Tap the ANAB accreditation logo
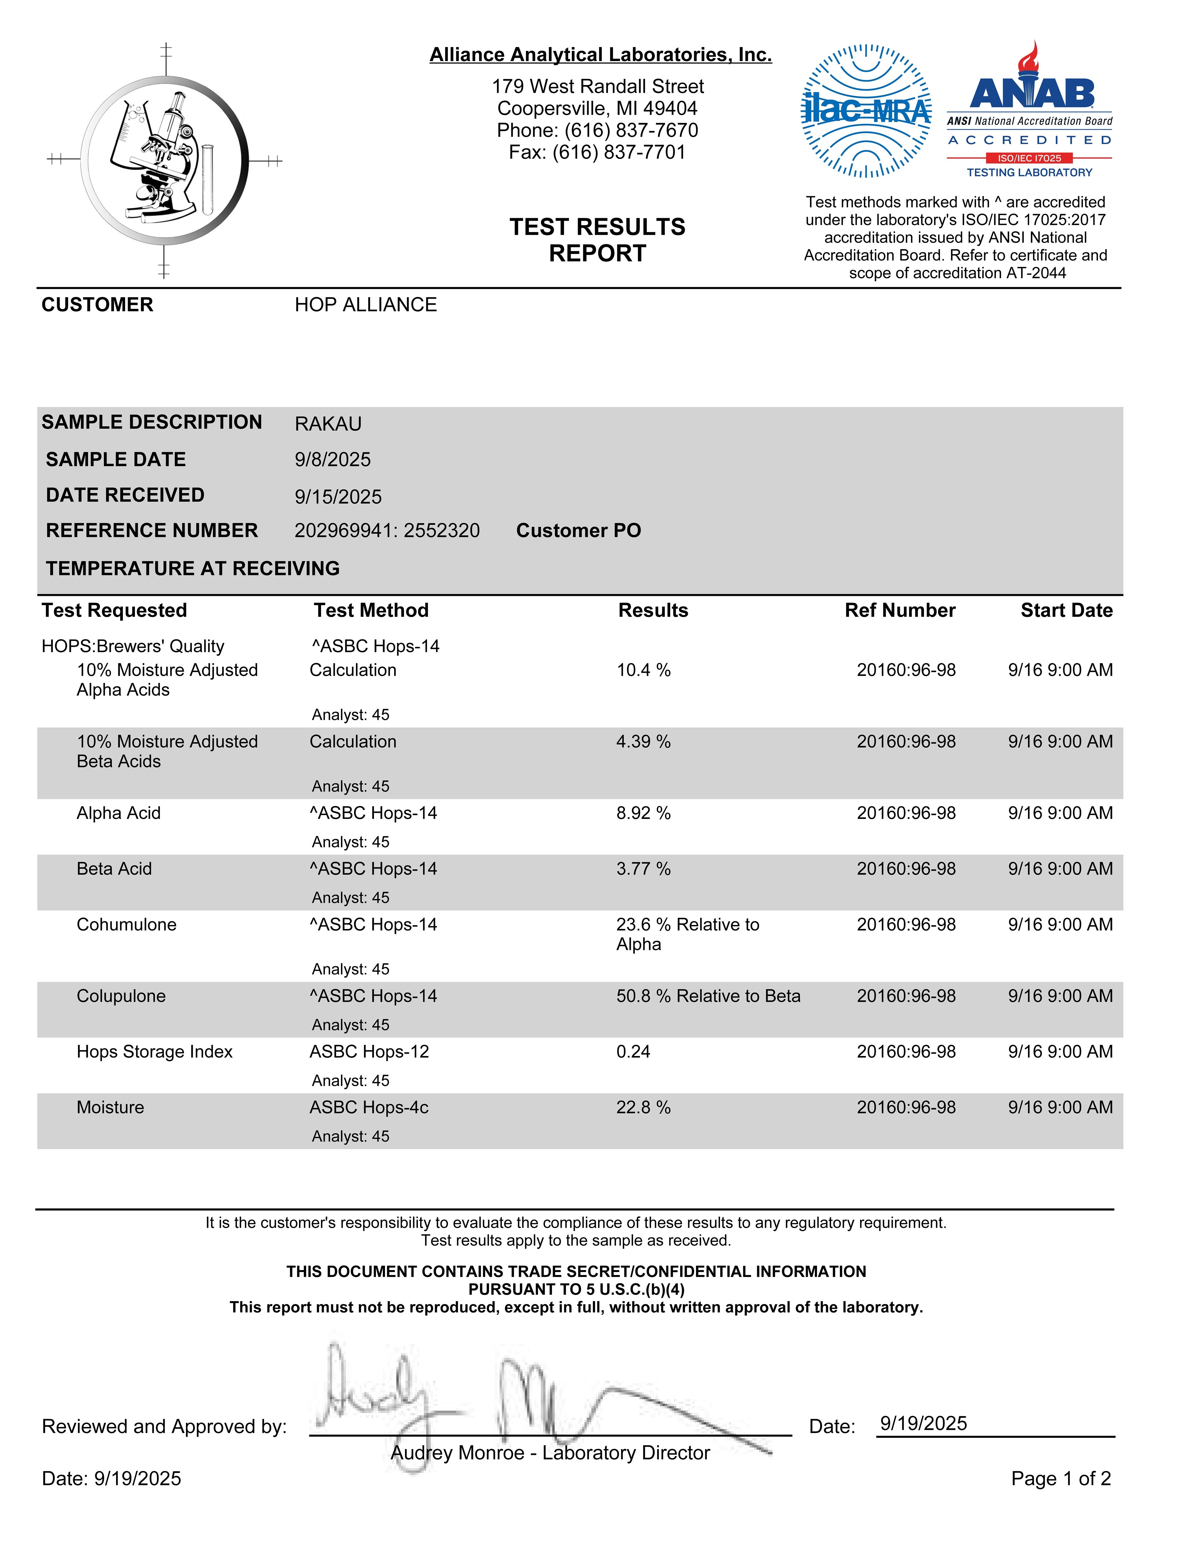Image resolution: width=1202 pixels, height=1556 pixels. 1030,110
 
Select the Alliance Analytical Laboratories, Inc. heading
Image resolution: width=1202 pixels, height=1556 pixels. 600,55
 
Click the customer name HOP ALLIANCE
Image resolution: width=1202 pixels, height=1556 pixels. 365,305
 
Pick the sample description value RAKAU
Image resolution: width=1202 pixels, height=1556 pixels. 328,424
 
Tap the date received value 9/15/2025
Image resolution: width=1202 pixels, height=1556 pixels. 338,497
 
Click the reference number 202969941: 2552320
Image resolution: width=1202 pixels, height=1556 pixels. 387,531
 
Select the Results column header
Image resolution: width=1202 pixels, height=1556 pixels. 653,611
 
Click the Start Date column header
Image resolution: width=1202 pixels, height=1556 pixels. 1066,611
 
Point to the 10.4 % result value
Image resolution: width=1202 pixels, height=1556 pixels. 643,670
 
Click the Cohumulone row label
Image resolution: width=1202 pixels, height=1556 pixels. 127,925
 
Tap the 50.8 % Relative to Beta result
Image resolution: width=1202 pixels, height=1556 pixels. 708,996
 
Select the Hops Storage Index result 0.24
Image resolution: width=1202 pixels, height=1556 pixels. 633,1052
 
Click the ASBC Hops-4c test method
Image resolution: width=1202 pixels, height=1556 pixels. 369,1107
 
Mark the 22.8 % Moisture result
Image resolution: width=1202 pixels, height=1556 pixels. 643,1107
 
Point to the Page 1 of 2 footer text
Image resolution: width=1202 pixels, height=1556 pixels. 1060,1478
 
